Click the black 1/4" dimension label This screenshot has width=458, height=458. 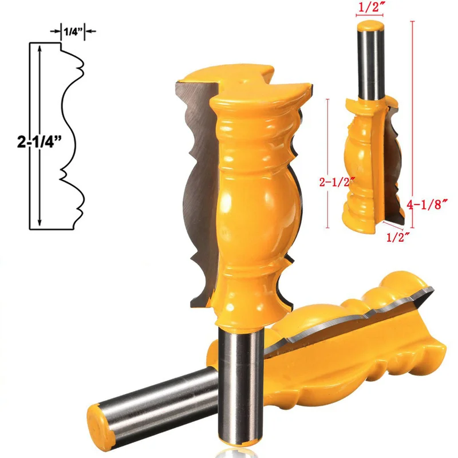tap(72, 31)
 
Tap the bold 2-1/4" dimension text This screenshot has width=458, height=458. tap(40, 142)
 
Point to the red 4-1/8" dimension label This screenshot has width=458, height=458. tap(427, 204)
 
